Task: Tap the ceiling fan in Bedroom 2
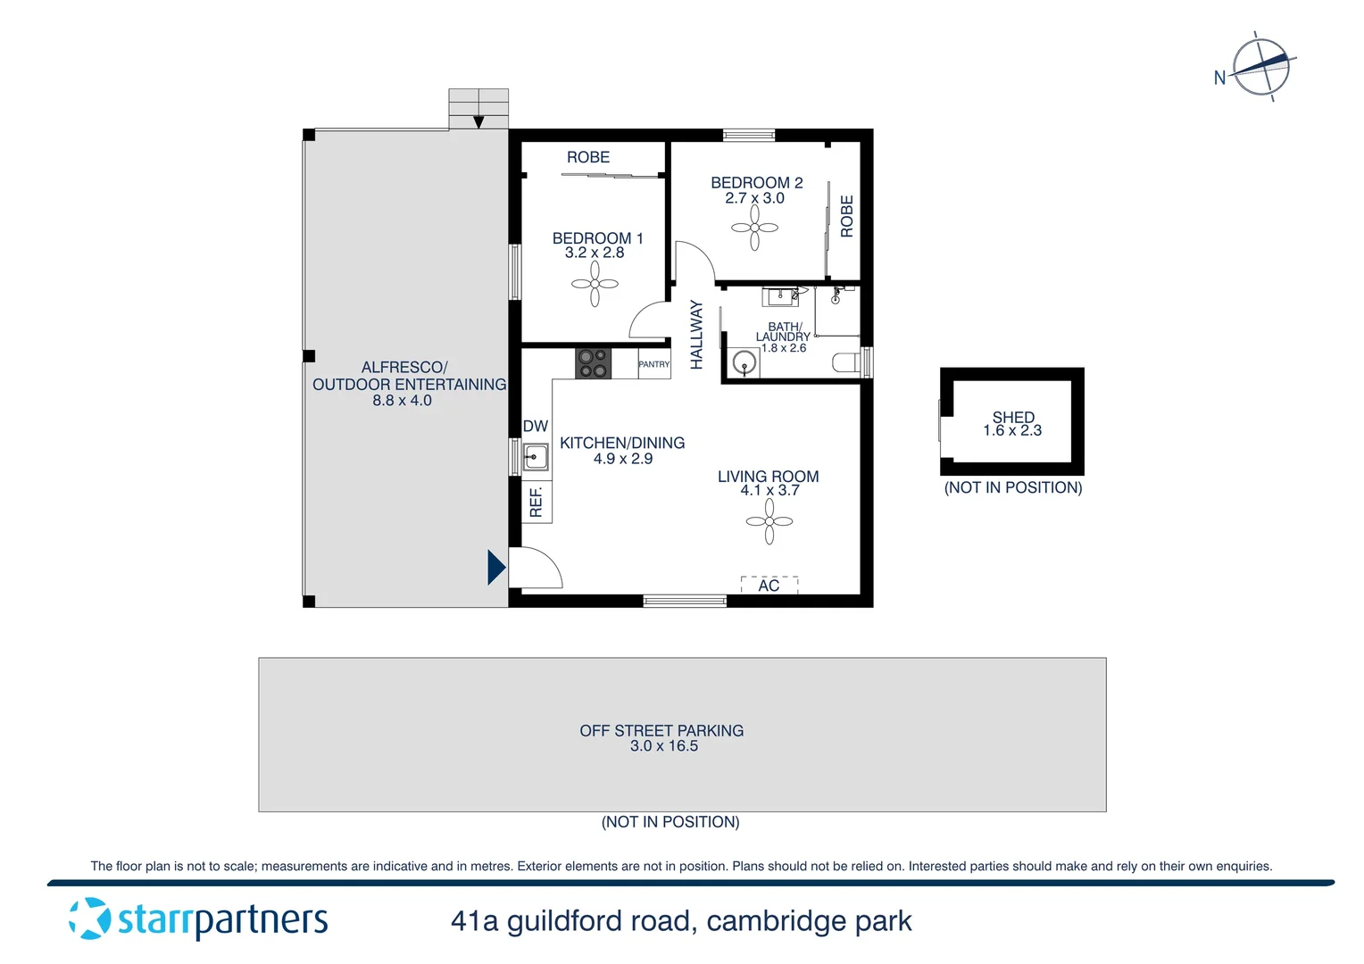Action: click(754, 228)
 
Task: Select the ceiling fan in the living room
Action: click(769, 521)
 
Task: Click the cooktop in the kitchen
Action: click(593, 363)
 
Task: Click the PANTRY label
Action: click(653, 364)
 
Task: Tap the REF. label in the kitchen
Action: click(536, 502)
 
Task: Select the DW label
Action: click(535, 427)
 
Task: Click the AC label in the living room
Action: click(769, 586)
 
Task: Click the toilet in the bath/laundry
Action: click(845, 362)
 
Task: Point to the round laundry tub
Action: click(744, 363)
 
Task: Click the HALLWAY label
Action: click(697, 335)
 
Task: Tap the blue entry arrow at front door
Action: click(495, 567)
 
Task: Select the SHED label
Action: click(1013, 417)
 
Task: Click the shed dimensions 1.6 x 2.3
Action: click(1012, 431)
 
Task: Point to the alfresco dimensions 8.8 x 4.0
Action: click(402, 401)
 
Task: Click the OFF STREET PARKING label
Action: click(661, 730)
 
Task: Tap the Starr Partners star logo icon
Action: click(90, 918)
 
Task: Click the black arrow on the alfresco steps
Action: click(478, 122)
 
